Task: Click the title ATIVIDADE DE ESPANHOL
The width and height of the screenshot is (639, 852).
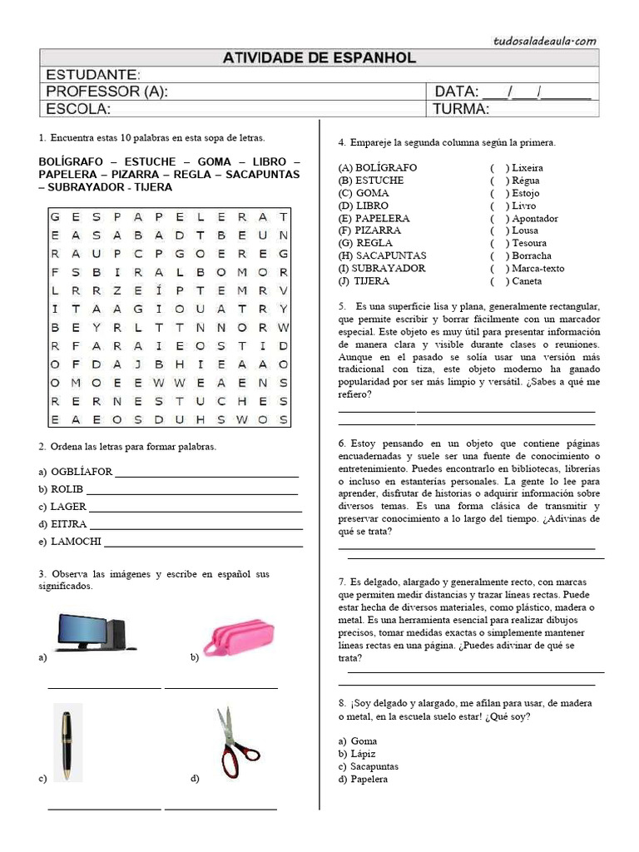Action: pyautogui.click(x=319, y=58)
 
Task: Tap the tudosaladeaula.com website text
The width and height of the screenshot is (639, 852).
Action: pyautogui.click(x=545, y=39)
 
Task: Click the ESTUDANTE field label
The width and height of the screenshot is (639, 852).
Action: pyautogui.click(x=92, y=75)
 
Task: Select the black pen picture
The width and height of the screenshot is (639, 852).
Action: pyautogui.click(x=67, y=742)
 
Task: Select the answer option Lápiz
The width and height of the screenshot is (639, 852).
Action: pyautogui.click(x=364, y=754)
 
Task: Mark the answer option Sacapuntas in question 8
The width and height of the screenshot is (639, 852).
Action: pyautogui.click(x=374, y=766)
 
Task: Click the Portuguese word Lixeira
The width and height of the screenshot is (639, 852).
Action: pyautogui.click(x=528, y=167)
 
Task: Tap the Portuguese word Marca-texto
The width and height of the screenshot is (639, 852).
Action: pyautogui.click(x=537, y=268)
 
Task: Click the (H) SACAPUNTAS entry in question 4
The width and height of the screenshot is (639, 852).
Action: pyautogui.click(x=382, y=255)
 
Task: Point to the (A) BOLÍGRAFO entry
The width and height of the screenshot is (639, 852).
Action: pyautogui.click(x=377, y=167)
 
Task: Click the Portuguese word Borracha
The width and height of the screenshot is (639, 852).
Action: pyautogui.click(x=532, y=255)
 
